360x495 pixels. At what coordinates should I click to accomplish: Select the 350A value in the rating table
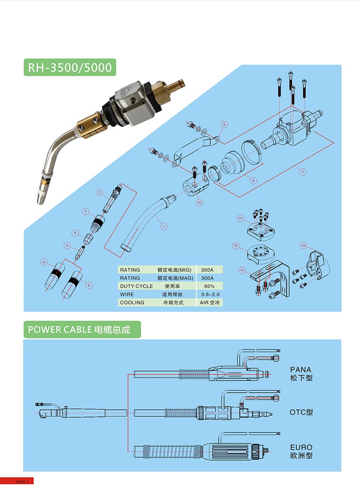point(207,270)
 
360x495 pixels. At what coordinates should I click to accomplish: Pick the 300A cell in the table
point(207,278)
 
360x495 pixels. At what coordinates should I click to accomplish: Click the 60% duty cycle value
point(209,286)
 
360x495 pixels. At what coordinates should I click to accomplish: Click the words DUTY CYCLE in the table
point(136,286)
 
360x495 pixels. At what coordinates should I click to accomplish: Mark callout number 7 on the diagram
point(303,172)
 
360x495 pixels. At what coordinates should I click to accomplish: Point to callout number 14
point(303,245)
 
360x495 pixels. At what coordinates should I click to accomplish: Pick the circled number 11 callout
point(240,218)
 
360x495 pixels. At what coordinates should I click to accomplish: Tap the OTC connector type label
point(301,412)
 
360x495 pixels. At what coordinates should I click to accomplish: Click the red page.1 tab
point(17,481)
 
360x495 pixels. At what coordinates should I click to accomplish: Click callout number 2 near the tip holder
point(99,192)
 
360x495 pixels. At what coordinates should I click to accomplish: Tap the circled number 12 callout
point(236,245)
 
